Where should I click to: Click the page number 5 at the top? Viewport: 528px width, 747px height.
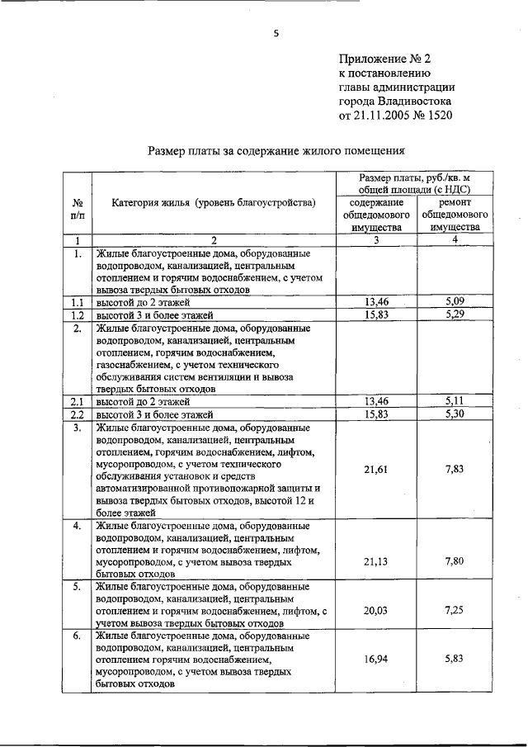click(276, 34)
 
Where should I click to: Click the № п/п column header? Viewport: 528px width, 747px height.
click(77, 209)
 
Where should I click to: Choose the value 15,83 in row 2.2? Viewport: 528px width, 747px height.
click(376, 414)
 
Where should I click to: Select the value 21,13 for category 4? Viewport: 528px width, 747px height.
click(376, 560)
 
